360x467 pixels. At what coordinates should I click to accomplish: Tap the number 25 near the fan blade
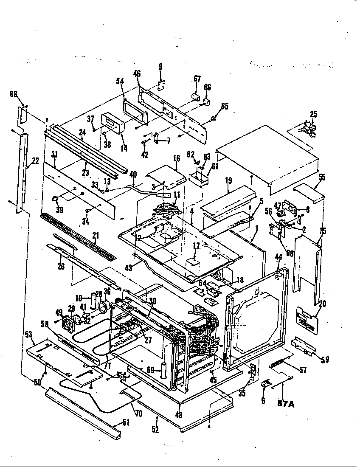click(313, 114)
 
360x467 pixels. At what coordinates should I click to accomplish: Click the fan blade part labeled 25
click(308, 128)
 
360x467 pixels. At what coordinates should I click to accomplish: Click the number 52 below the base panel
click(155, 429)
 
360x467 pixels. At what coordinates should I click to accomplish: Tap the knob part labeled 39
click(55, 199)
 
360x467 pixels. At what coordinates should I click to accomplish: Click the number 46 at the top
click(137, 74)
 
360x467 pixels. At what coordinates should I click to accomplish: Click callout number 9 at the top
click(160, 66)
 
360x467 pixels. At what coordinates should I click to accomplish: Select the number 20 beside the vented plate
click(323, 304)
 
